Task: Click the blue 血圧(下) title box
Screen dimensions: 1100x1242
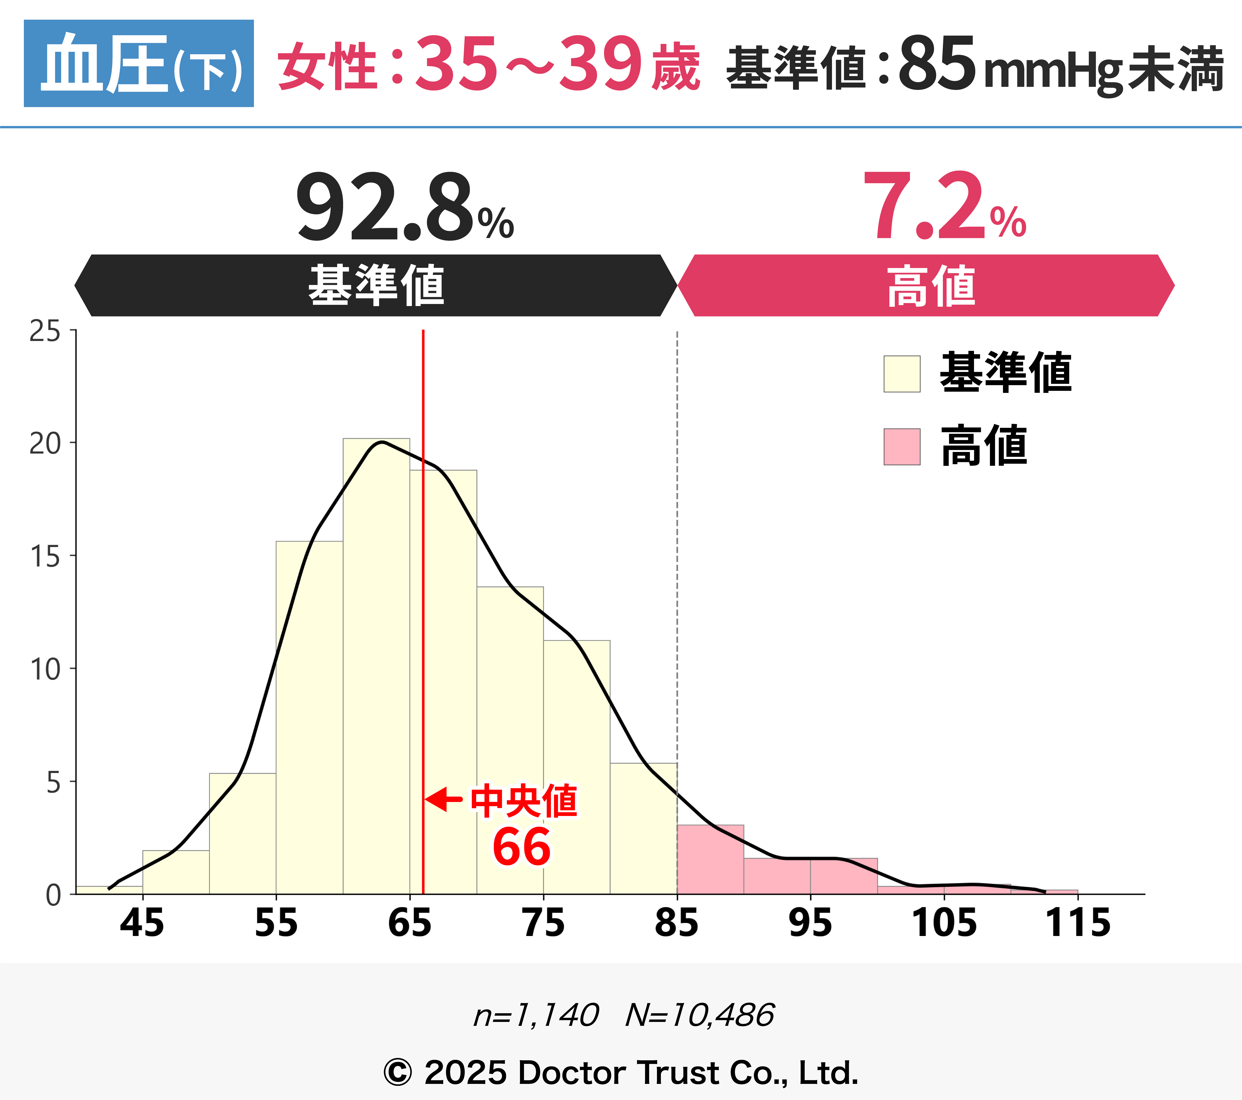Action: (x=138, y=63)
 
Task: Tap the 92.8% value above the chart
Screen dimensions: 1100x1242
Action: (x=404, y=207)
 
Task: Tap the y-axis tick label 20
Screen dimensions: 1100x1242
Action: (x=45, y=444)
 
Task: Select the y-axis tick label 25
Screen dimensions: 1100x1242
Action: (x=45, y=332)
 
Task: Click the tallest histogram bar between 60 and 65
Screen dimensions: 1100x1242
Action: (x=376, y=669)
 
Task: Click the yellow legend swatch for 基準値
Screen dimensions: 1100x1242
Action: (x=902, y=374)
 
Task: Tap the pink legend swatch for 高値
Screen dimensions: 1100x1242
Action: (x=902, y=447)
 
